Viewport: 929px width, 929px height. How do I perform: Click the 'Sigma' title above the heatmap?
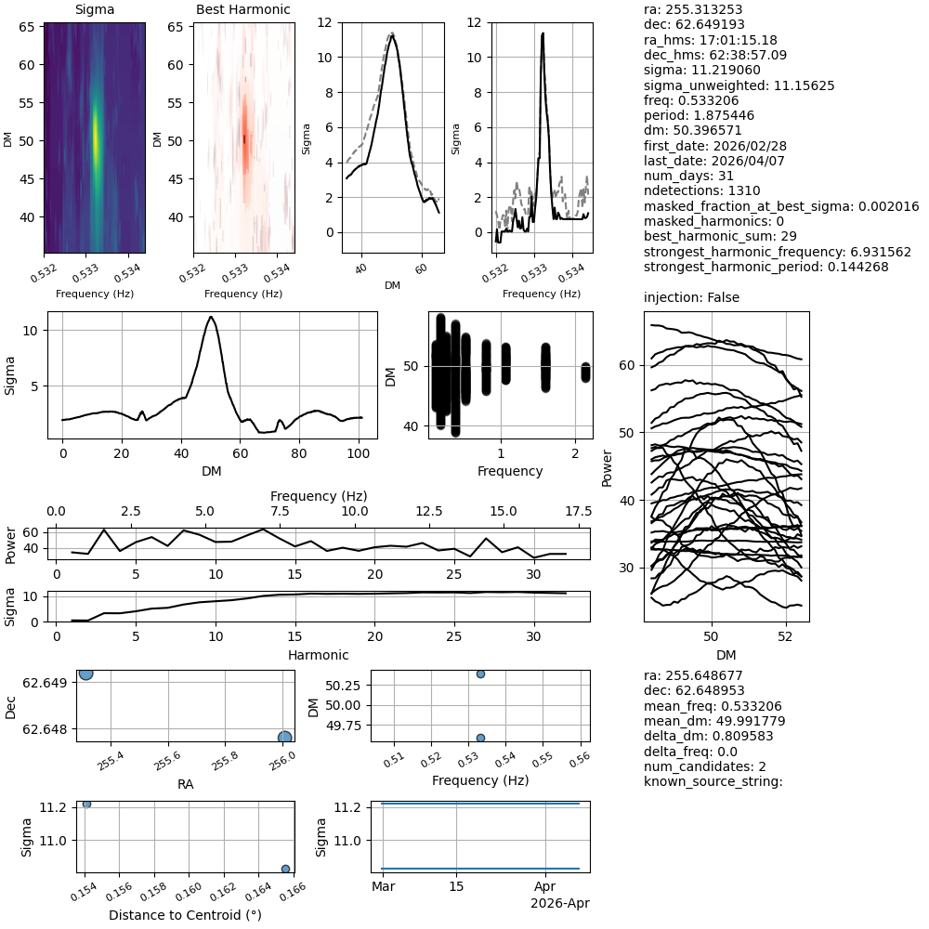(x=94, y=9)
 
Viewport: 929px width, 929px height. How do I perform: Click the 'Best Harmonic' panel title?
(x=243, y=9)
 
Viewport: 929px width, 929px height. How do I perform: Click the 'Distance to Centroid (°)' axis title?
(x=185, y=915)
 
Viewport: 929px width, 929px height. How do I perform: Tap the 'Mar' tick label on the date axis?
(x=383, y=887)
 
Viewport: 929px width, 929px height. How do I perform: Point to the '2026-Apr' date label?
(x=559, y=903)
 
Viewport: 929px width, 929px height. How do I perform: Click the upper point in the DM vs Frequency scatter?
(x=480, y=674)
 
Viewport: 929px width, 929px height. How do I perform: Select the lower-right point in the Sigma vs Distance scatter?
(x=285, y=869)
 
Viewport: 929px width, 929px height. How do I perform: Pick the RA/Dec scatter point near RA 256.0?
(x=284, y=737)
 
